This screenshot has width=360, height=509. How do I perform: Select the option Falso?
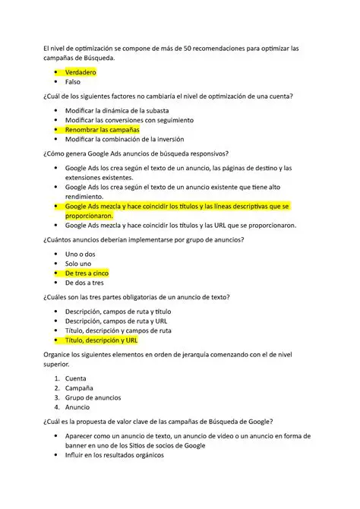coord(73,81)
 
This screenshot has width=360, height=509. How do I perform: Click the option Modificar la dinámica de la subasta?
coord(118,111)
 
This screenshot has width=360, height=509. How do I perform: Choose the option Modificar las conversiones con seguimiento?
coord(129,120)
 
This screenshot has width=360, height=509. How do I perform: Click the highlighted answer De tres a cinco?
coord(87,273)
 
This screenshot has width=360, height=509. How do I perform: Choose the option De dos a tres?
coord(84,282)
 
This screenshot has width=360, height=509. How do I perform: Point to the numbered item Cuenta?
coord(76,378)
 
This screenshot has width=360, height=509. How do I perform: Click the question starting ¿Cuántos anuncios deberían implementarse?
coord(144,239)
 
